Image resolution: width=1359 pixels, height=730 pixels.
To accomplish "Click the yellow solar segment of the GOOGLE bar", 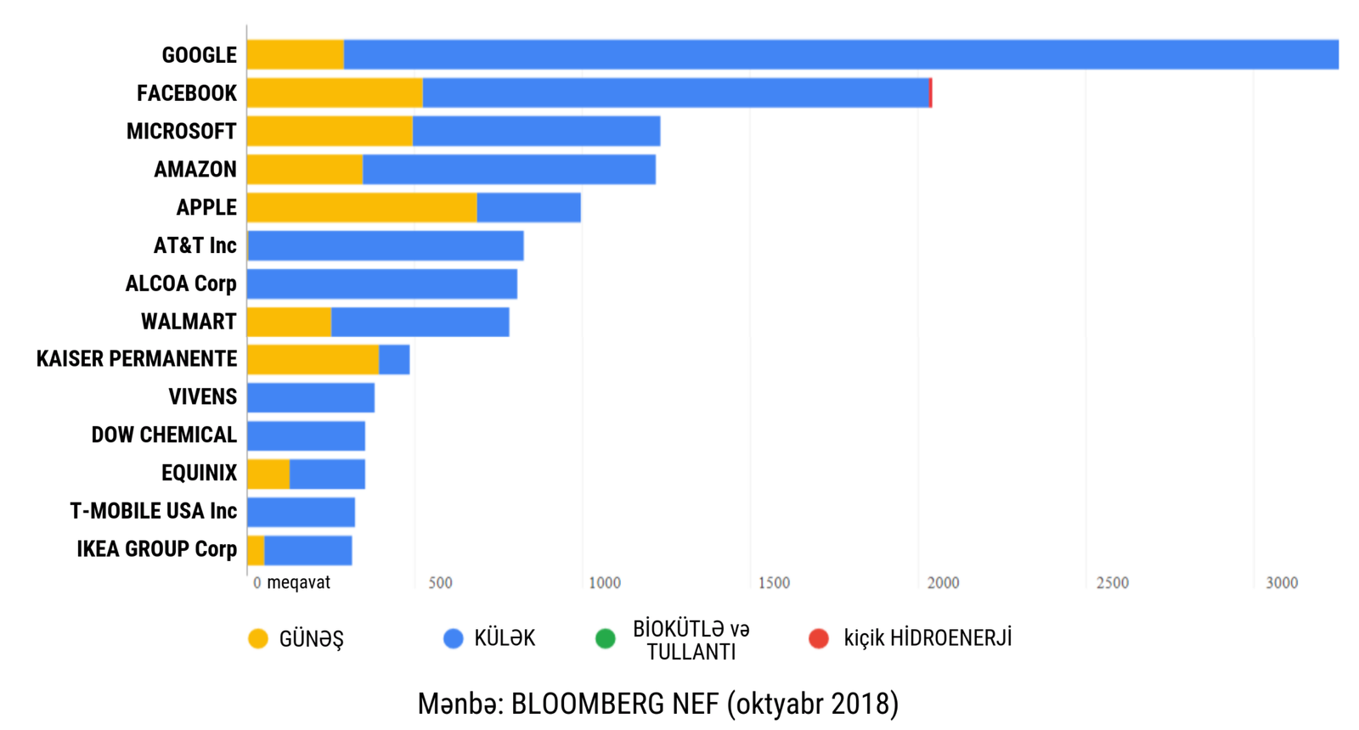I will click(x=295, y=54).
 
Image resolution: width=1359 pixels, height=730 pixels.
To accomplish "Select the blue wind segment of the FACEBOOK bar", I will click(x=675, y=93).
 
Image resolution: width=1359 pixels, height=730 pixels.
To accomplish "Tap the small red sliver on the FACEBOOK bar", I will click(x=931, y=93).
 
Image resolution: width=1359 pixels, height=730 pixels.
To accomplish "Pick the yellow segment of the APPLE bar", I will click(x=361, y=207).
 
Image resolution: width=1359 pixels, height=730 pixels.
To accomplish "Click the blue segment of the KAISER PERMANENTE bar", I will click(x=394, y=359).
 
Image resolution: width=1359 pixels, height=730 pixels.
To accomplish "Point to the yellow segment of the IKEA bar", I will click(x=256, y=550).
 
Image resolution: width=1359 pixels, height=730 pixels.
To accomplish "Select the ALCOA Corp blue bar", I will click(x=382, y=284).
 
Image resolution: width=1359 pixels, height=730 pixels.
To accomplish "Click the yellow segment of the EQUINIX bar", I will click(x=268, y=474).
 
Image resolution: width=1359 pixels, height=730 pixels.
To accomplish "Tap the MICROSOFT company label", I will click(x=181, y=132).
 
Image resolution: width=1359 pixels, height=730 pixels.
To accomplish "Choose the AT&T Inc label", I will click(x=195, y=245).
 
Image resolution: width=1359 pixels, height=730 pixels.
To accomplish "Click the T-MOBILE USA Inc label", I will click(x=153, y=511).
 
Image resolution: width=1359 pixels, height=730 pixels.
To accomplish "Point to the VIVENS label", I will click(x=202, y=396).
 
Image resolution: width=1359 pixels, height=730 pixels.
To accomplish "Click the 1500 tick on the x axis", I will click(x=774, y=583).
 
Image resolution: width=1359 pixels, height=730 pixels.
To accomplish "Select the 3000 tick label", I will click(x=1282, y=583).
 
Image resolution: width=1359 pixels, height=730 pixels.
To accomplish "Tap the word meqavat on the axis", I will click(x=298, y=583).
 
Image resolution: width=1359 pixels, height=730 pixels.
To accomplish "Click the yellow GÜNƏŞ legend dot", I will click(x=258, y=638).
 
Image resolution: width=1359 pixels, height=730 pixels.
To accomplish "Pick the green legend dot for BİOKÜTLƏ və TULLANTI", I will click(x=606, y=638).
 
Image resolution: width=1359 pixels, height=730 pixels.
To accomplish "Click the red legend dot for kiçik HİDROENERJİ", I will click(x=819, y=638).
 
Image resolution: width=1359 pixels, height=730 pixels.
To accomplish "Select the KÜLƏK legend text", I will click(x=505, y=638).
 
